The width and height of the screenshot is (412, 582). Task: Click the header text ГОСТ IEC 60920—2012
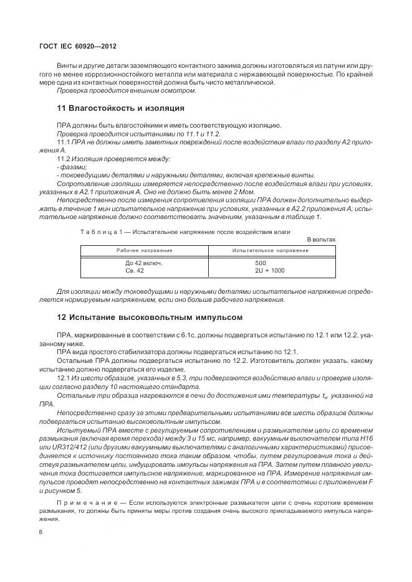coord(78,47)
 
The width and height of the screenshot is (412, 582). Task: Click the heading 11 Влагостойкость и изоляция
coord(120,108)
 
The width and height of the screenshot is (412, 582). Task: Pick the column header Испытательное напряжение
coord(270,250)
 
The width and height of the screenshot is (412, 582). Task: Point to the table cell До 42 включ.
coord(143,263)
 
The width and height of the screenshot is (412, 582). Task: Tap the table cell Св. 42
coord(135,271)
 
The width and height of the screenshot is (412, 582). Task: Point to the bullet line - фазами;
coord(72,167)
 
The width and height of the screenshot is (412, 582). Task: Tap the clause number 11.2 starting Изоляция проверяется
coord(64,159)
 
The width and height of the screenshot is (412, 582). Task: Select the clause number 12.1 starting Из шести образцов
coord(64,377)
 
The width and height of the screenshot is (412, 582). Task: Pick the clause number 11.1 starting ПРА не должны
coord(64,143)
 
